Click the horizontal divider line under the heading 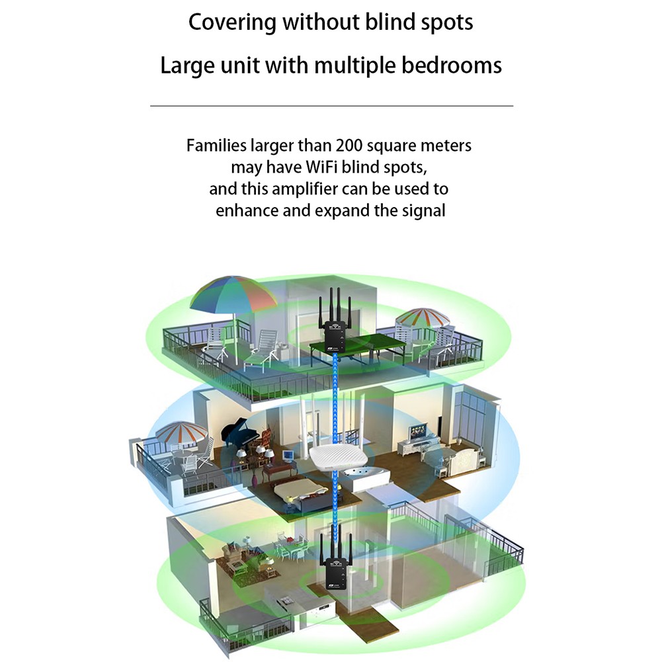331,106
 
